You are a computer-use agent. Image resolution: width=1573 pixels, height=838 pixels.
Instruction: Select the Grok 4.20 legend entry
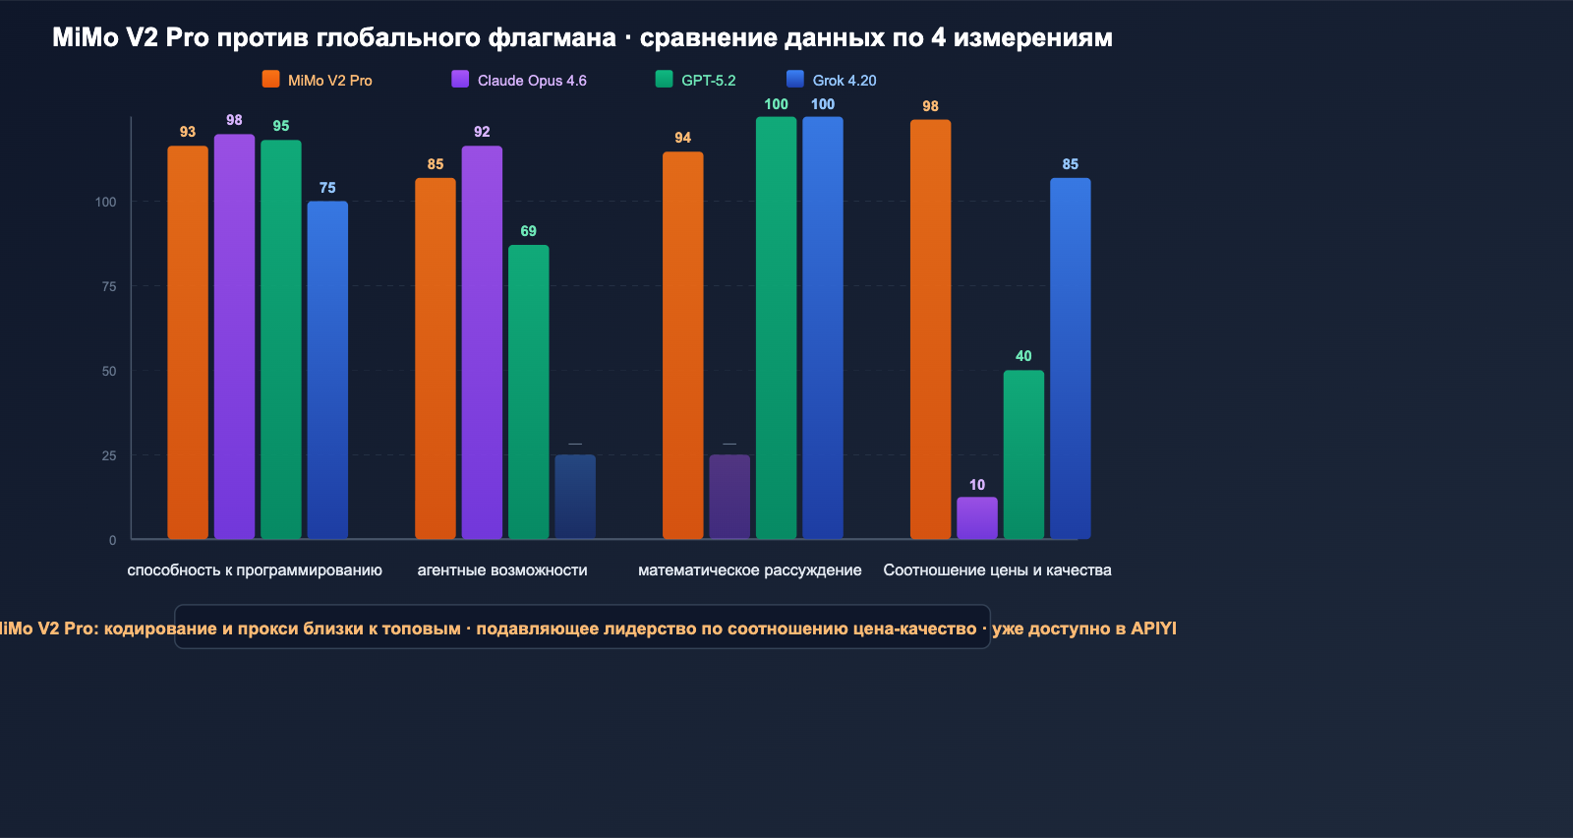click(x=832, y=81)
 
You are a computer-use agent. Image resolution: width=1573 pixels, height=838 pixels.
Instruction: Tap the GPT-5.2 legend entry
click(x=696, y=81)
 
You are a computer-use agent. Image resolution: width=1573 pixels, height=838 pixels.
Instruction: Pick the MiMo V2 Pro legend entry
click(x=318, y=81)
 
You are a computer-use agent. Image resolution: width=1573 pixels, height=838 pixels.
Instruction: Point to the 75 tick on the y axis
click(x=108, y=286)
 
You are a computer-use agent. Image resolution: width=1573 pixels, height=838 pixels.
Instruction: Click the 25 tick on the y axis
click(x=108, y=455)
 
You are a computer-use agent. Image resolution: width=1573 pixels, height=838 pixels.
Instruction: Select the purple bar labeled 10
click(x=977, y=518)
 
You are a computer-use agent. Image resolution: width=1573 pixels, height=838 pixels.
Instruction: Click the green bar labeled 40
click(x=1023, y=454)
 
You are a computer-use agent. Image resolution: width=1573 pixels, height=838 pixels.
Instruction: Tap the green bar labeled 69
click(x=529, y=391)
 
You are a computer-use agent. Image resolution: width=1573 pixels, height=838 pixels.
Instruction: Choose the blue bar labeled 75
click(x=327, y=370)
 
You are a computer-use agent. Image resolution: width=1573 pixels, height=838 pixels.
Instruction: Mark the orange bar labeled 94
click(x=683, y=345)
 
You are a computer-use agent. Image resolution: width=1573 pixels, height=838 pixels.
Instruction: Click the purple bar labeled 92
click(x=482, y=342)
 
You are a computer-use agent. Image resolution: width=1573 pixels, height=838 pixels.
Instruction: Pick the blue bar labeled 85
click(x=1071, y=358)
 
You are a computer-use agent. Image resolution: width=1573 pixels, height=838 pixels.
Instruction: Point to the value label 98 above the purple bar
click(x=234, y=120)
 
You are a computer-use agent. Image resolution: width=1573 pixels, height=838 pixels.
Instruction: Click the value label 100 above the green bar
click(x=776, y=104)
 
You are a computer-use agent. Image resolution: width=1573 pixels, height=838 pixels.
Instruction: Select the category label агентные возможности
click(x=502, y=570)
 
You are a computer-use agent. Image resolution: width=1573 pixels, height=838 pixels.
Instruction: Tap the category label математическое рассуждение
click(x=750, y=570)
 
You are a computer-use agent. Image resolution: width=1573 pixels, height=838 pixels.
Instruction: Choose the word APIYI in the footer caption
click(x=1153, y=628)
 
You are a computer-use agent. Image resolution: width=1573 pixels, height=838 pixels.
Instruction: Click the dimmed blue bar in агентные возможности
click(x=575, y=497)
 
